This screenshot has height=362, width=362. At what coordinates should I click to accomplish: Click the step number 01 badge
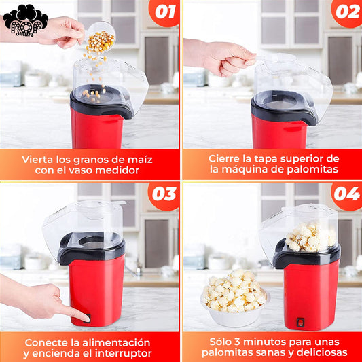pyautogui.click(x=165, y=12)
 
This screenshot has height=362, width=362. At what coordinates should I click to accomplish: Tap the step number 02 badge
pyautogui.click(x=347, y=12)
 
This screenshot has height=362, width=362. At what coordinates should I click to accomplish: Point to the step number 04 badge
pyautogui.click(x=347, y=194)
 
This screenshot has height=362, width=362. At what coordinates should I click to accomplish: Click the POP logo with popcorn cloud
pyautogui.click(x=25, y=20)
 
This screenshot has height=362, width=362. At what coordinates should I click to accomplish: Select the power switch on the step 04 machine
pyautogui.click(x=300, y=322)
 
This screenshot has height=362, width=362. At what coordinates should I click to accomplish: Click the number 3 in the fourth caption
pyautogui.click(x=237, y=342)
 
